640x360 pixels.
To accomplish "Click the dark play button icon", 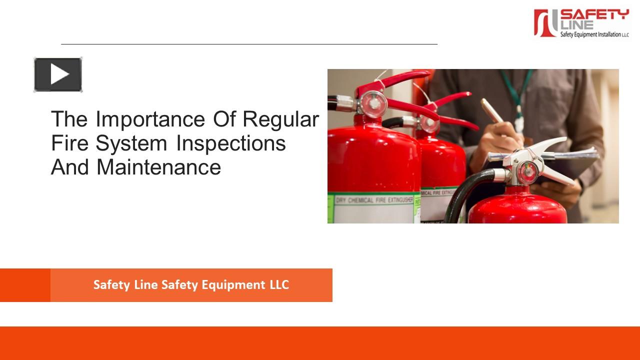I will coord(58,75).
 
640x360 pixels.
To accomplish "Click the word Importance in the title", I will coord(150,119).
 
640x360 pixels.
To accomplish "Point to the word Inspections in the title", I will coord(230,143).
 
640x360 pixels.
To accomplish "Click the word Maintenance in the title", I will coord(158,167).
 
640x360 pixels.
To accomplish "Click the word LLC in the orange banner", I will coord(278,285).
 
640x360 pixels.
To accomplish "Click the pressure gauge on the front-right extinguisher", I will coord(527,172).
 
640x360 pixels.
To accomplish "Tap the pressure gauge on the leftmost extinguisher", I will coord(370,102).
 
